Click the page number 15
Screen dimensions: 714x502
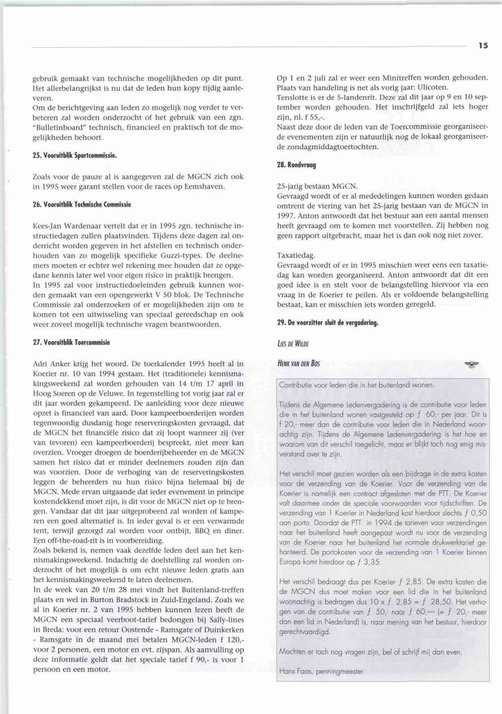483,46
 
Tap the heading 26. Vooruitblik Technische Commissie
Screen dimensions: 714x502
82,204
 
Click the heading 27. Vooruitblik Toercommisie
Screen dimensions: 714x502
71,342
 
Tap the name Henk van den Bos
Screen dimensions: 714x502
298,364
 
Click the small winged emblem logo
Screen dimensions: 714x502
472,365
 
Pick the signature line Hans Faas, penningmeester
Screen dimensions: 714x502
321,671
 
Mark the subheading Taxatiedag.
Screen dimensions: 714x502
296,255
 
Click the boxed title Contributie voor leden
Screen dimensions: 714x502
356,385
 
